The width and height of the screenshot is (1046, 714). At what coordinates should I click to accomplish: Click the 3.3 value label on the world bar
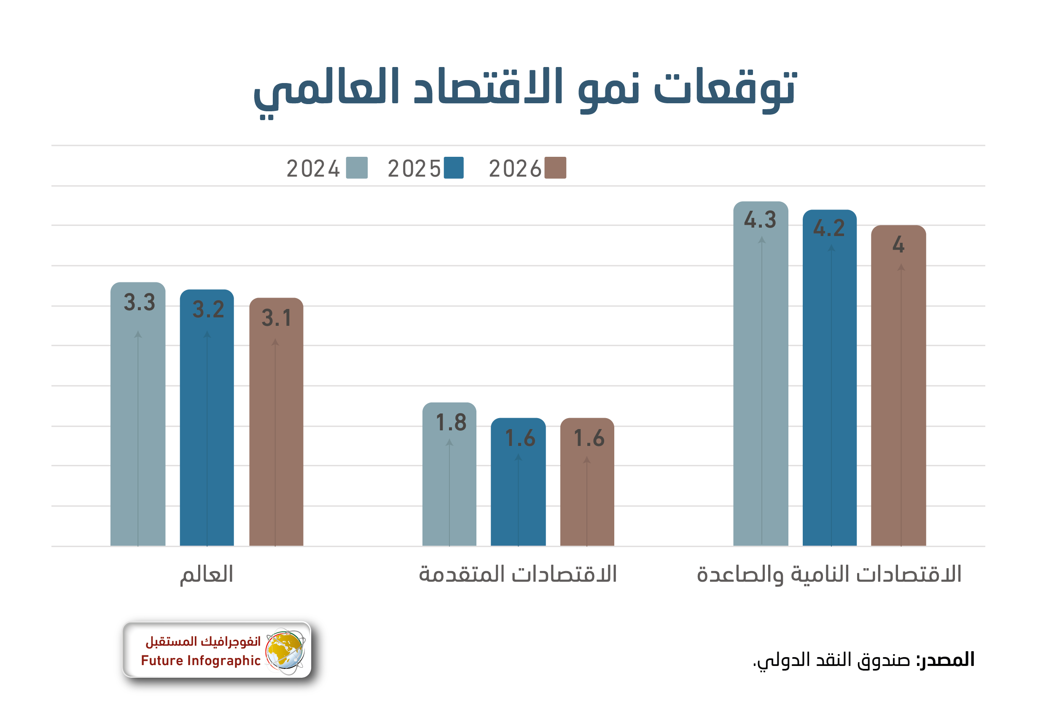click(140, 302)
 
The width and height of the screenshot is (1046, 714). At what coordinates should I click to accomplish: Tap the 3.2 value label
click(208, 309)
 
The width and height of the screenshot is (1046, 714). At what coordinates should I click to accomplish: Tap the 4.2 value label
click(829, 228)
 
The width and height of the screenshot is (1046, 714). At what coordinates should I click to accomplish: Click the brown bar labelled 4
click(898, 396)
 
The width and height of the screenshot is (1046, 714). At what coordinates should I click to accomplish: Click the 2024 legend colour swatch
click(357, 168)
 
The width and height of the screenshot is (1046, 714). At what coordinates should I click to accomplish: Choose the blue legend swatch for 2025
click(453, 168)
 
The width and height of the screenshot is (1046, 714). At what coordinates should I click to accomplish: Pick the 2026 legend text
click(515, 169)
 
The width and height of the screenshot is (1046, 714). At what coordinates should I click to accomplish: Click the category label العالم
click(207, 575)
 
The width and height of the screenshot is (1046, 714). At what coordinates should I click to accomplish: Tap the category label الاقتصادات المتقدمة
click(518, 574)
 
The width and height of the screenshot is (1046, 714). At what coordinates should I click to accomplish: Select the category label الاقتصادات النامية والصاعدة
click(829, 574)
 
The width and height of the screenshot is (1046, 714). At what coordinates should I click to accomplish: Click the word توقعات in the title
click(725, 88)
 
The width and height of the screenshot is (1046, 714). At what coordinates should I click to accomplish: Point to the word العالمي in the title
click(326, 90)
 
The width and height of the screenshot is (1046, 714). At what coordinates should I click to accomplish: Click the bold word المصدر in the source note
click(945, 660)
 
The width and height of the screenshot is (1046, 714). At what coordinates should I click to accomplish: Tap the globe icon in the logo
click(285, 651)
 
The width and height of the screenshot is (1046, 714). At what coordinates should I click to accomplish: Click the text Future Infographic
click(200, 660)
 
